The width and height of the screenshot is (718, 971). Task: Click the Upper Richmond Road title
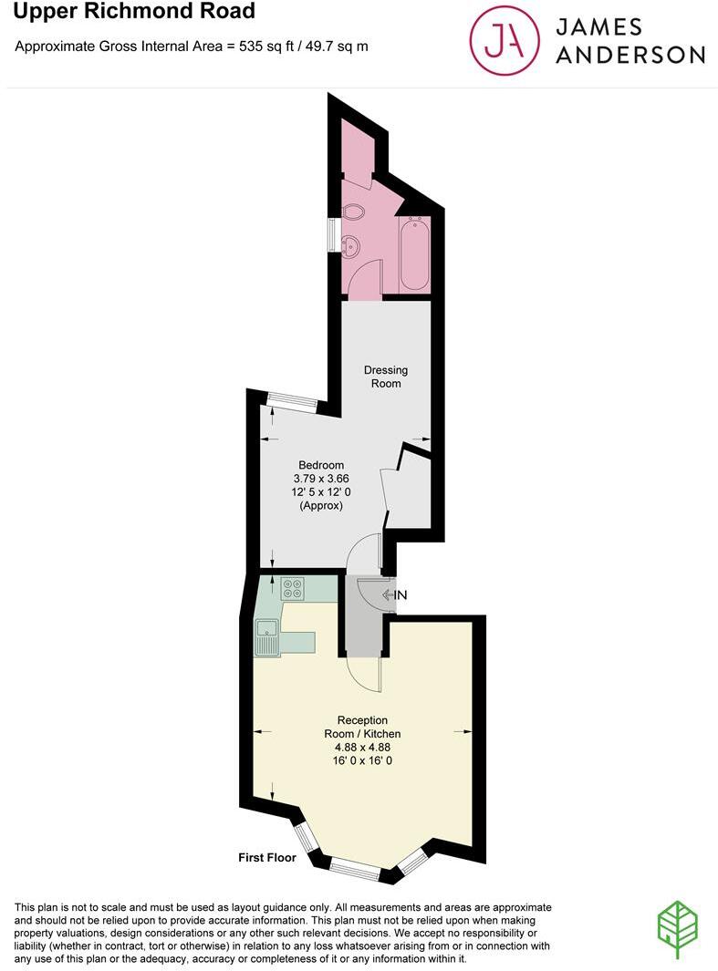point(134,13)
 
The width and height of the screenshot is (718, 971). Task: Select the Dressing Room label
point(386,377)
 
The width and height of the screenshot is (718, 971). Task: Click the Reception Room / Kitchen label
point(362,727)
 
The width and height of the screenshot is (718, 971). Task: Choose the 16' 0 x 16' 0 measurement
point(362,759)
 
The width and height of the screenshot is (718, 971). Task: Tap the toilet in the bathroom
point(353,212)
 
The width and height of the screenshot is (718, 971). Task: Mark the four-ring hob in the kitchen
point(293,589)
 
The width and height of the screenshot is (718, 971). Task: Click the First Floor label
point(267,857)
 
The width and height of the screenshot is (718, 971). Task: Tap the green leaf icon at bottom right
point(677,931)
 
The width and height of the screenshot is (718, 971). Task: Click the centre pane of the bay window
point(355,870)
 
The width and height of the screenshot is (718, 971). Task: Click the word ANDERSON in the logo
point(630,55)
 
